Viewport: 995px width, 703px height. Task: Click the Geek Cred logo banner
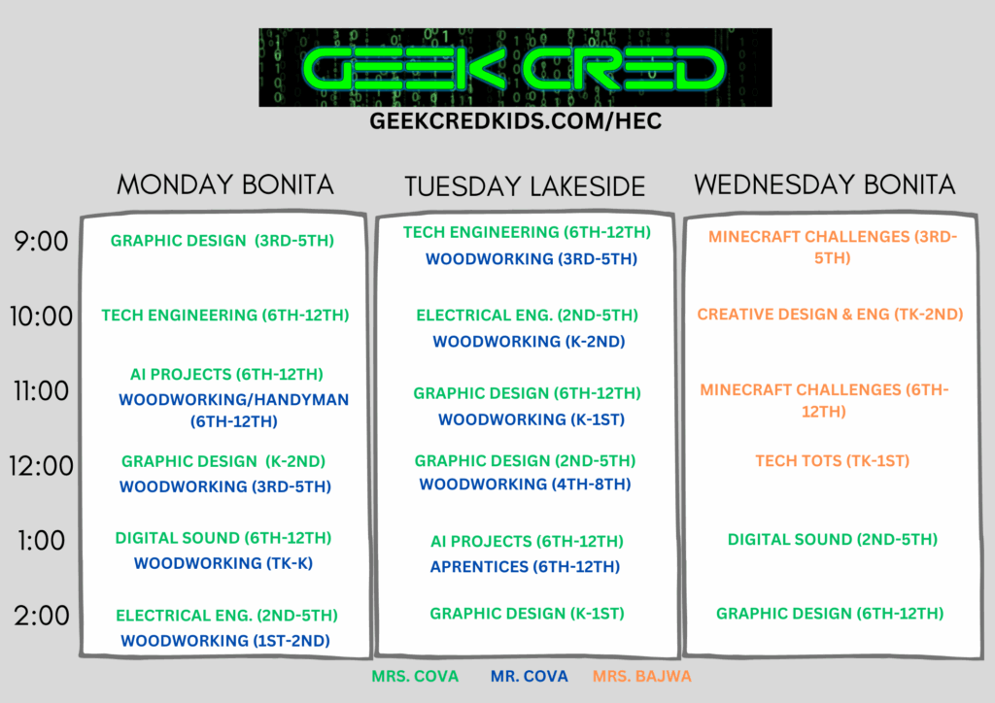coord(515,67)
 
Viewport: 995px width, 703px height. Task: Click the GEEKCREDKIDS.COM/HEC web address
coord(515,121)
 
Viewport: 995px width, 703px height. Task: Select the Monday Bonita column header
coord(225,184)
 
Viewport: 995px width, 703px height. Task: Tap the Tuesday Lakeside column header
coord(525,186)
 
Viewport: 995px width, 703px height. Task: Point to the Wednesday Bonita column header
coord(824,184)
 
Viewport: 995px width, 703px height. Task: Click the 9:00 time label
coord(41,242)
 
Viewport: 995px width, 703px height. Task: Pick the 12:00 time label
coord(41,466)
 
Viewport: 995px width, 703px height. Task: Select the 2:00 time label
coord(42,616)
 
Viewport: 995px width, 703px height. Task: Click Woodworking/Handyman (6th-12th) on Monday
coord(234,410)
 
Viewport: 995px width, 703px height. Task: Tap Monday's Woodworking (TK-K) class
coord(223,563)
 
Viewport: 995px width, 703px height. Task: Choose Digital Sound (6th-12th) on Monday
coord(223,538)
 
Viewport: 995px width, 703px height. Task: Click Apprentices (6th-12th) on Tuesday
coord(525,566)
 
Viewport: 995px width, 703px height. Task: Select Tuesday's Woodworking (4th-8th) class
coord(525,485)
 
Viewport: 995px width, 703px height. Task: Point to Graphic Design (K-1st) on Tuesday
coord(528,613)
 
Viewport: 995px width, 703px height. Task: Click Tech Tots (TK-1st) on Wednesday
coord(833,461)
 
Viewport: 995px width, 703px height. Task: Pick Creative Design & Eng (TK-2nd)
coord(830,314)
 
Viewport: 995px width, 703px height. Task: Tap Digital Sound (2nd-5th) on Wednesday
coord(833,540)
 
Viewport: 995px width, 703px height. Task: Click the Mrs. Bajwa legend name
coord(642,677)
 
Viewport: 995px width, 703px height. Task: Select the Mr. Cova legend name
coord(530,677)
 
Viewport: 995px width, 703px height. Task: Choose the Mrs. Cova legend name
coord(415,677)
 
